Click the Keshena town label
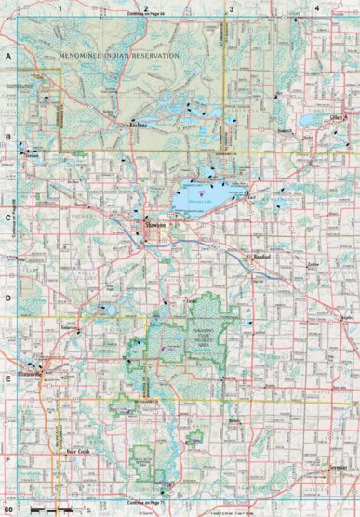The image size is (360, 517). [140, 124]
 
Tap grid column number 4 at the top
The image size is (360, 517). [316, 7]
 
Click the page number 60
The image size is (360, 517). [10, 510]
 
